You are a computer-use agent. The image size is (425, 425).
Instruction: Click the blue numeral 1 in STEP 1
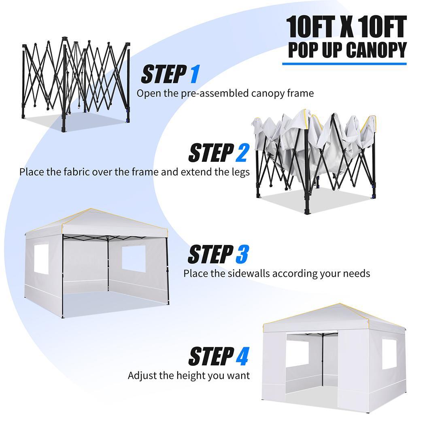point(194,74)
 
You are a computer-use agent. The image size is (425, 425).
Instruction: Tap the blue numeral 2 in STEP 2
point(242,153)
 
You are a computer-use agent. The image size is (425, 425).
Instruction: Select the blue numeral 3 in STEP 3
point(241,255)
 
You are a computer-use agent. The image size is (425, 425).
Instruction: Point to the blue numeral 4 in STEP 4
point(242,356)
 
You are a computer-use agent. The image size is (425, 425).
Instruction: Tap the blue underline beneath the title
point(344,64)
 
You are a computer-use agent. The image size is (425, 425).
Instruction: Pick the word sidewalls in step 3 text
point(247,273)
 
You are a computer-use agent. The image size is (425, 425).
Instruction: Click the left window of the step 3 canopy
point(41,259)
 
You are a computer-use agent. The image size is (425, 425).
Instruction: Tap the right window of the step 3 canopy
point(134,258)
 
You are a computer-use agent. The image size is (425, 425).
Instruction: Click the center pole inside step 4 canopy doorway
point(323,360)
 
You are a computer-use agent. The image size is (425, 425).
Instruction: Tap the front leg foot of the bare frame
point(64,129)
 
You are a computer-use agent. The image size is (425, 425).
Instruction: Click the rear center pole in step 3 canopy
point(108,263)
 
